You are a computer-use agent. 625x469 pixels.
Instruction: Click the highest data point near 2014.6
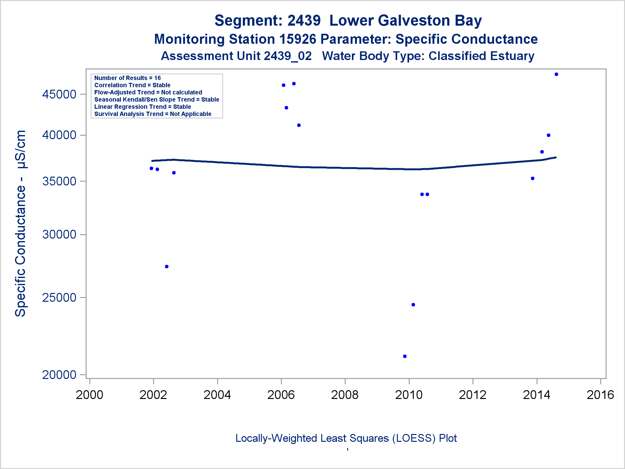coord(556,74)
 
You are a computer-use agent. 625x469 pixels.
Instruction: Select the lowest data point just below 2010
coord(405,356)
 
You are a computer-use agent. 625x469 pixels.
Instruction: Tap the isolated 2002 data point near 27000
coord(167,267)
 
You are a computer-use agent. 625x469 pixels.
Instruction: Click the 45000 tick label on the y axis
coord(59,94)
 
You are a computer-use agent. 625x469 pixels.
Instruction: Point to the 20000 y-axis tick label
coord(59,375)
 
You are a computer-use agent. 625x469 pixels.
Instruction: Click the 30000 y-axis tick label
coord(59,234)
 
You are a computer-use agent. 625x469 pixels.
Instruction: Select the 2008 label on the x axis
coord(345,395)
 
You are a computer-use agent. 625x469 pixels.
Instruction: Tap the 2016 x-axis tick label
coord(600,395)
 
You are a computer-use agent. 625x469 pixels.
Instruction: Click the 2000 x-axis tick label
coord(89,395)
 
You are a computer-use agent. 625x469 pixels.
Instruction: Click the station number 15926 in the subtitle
coord(297,39)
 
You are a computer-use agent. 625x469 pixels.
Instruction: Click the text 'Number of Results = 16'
coord(127,78)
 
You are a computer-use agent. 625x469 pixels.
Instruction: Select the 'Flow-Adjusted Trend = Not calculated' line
coord(148,93)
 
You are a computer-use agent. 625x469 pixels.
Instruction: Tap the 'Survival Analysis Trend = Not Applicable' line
coord(153,114)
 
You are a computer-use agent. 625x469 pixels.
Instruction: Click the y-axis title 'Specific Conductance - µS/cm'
coord(21,223)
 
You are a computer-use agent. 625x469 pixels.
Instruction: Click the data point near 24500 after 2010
coord(413,305)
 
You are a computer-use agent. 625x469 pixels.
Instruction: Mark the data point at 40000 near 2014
coord(548,135)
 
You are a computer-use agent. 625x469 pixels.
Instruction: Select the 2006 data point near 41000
coord(299,125)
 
